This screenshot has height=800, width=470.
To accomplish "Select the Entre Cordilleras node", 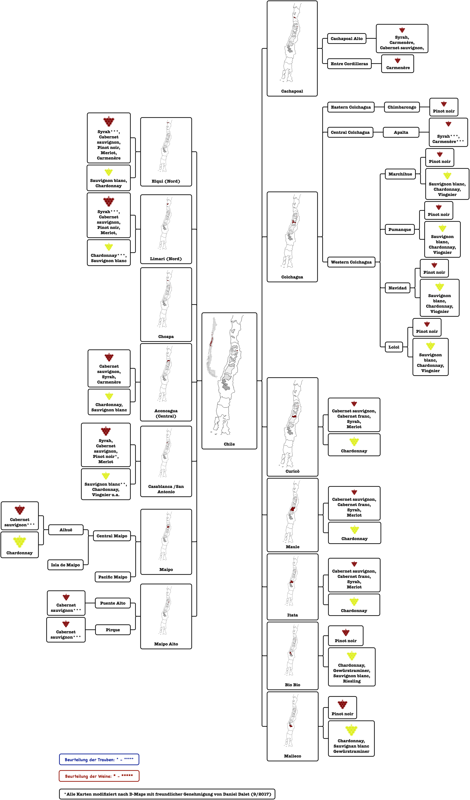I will (x=349, y=64).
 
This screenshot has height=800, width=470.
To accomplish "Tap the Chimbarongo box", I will (x=402, y=107).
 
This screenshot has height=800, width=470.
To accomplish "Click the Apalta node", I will (x=401, y=132).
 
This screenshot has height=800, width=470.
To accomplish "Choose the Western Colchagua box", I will (x=351, y=262).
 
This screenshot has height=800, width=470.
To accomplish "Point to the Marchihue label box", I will (x=400, y=174).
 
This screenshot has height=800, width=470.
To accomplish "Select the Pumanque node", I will (x=399, y=230).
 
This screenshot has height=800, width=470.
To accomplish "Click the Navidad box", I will (x=397, y=288).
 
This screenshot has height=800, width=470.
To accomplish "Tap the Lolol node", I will (x=394, y=347).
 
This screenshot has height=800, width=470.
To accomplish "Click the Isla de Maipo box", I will (x=66, y=565).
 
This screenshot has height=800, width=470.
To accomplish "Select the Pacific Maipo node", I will (x=113, y=577).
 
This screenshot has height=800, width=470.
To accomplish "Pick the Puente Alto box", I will (x=113, y=603).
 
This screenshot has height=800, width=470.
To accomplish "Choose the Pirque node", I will (x=113, y=630).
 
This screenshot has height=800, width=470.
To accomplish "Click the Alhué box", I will (x=66, y=530).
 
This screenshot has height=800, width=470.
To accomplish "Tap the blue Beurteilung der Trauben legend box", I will (x=99, y=759).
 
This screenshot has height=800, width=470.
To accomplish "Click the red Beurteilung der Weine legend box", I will (x=99, y=776).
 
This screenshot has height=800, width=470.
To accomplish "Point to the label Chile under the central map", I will (x=229, y=444).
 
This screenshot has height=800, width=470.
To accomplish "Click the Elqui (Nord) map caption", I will (x=166, y=181).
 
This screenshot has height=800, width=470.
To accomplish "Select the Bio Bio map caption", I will (x=293, y=685).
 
